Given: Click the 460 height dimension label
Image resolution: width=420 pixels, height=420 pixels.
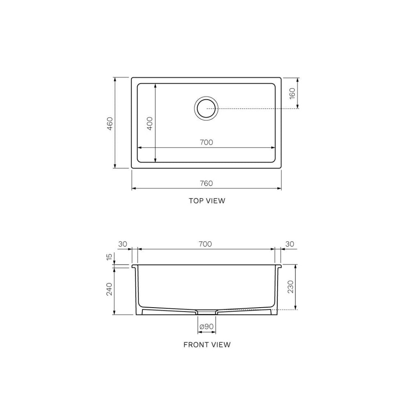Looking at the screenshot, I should (110, 123).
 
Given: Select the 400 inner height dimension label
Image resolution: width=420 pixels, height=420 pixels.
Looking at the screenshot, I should (150, 123).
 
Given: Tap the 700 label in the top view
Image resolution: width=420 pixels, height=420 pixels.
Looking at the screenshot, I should (206, 142).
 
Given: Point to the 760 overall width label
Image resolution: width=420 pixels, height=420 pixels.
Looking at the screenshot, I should (206, 183).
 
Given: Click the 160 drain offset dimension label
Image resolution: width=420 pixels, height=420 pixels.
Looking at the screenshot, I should (292, 93).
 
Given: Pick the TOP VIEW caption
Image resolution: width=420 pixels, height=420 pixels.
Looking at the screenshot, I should (207, 201).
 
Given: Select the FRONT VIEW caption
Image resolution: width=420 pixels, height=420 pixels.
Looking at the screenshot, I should (207, 345).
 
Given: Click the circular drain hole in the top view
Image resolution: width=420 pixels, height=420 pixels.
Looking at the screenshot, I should (206, 108).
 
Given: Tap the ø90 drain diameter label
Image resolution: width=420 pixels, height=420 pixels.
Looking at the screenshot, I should (206, 327).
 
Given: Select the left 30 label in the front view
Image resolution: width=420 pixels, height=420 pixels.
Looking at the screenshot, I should (122, 244).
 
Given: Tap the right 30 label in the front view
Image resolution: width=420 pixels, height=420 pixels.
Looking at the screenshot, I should (290, 244).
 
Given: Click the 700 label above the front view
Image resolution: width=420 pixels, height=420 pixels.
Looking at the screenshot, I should (205, 244).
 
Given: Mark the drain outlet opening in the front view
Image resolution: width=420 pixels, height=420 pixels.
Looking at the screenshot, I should (207, 312).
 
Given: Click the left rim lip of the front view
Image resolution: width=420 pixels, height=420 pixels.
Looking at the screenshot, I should (134, 267).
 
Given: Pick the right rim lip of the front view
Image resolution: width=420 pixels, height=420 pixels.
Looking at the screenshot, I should (279, 267).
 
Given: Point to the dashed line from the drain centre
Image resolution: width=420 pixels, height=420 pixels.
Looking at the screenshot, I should (254, 108).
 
